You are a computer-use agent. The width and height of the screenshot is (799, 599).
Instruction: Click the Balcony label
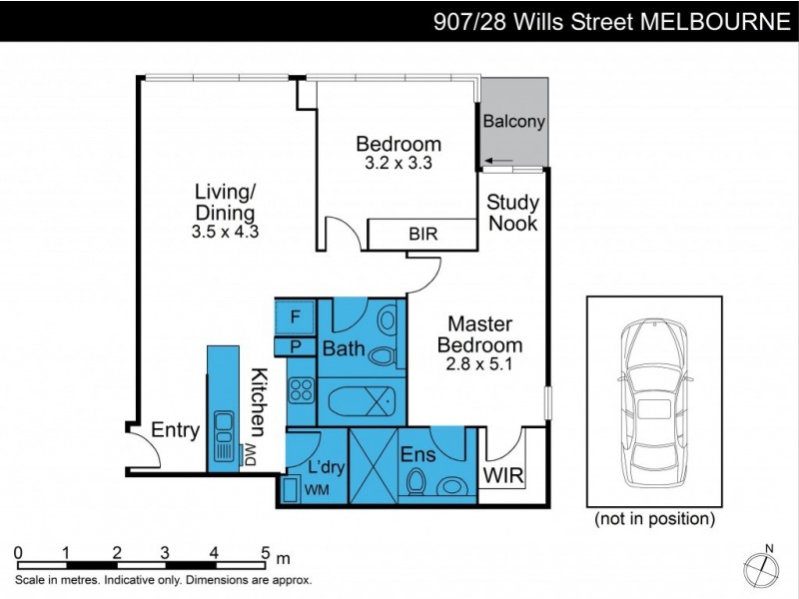click(513, 122)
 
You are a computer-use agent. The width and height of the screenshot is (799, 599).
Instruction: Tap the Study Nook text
click(512, 213)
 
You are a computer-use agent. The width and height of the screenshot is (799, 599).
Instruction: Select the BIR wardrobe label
click(421, 235)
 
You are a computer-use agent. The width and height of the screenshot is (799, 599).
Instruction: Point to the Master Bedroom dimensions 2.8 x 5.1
click(479, 364)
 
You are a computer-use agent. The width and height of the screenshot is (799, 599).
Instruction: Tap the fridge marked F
click(296, 317)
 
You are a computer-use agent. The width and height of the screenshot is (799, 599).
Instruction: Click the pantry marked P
click(296, 346)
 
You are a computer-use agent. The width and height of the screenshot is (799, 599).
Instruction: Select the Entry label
click(175, 431)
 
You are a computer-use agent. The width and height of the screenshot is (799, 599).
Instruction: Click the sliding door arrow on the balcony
click(501, 160)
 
